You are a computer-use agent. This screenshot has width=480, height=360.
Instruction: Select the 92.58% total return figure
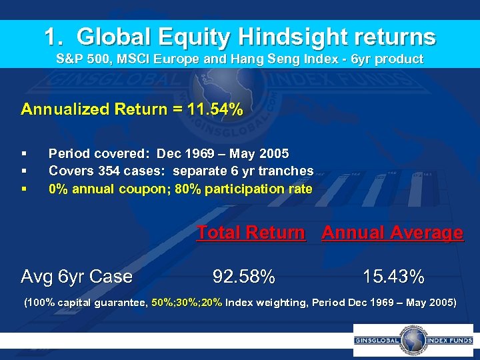click(x=243, y=275)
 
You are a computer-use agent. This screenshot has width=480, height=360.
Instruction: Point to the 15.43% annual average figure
click(x=393, y=275)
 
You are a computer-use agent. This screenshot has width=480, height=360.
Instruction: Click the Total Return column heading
click(x=251, y=233)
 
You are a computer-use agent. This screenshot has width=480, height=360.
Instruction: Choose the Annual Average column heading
click(x=392, y=233)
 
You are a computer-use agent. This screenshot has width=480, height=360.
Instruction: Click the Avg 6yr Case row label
click(x=77, y=275)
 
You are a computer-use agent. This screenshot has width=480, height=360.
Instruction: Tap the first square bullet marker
click(x=25, y=153)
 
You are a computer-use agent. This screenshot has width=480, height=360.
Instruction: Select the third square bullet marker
click(x=25, y=189)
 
